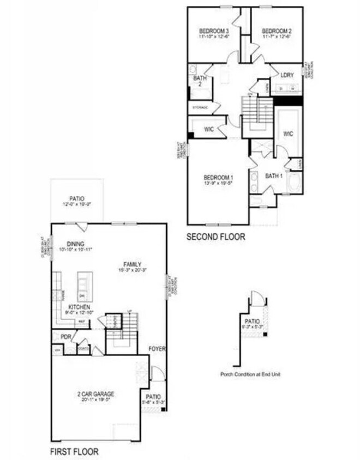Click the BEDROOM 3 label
213,31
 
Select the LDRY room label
287,74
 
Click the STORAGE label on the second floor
200,108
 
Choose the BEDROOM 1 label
218,178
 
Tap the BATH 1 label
273,175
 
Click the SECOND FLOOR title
216,237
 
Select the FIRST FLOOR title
75,452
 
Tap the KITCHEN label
79,307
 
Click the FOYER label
157,348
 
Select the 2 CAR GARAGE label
95,394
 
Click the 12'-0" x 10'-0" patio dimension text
77,205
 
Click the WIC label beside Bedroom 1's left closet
209,129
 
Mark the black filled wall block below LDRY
287,101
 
